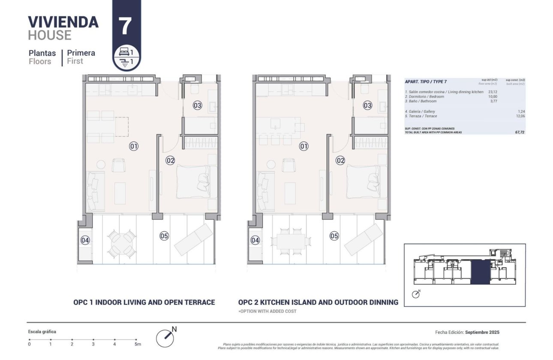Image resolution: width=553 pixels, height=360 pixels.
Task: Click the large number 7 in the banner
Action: [x=125, y=26]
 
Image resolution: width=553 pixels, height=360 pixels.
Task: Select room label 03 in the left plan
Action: [x=197, y=105]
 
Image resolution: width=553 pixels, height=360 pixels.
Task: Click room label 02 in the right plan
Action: [x=340, y=161]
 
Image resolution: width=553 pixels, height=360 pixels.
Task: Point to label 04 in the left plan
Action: [x=85, y=240]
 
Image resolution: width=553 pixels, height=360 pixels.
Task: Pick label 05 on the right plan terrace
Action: [x=334, y=236]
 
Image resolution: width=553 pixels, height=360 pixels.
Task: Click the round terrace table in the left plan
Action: [x=121, y=243]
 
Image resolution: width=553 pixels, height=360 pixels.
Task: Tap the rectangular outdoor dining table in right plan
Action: [x=291, y=241]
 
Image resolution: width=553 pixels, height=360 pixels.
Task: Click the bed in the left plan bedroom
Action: [x=193, y=181]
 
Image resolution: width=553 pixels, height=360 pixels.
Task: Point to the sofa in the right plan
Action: [x=265, y=191]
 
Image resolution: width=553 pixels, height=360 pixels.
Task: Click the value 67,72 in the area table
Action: [x=520, y=132]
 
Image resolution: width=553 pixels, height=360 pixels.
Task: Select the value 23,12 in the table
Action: [x=493, y=92]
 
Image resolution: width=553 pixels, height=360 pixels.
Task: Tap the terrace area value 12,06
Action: [x=520, y=116]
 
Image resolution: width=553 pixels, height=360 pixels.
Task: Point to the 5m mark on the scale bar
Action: [x=137, y=344]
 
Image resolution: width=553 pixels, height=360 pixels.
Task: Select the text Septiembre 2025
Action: [x=482, y=332]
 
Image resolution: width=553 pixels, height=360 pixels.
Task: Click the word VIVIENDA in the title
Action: [x=63, y=22]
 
